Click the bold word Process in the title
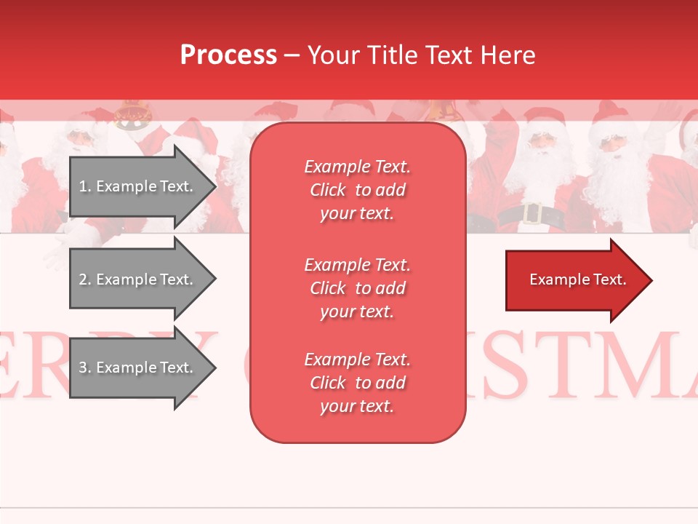228,55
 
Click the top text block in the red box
357,190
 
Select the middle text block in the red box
357,288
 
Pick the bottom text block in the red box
357,383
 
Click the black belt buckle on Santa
532,214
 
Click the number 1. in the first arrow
85,186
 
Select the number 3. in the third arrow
85,368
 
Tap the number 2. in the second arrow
85,279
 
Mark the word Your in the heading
332,55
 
